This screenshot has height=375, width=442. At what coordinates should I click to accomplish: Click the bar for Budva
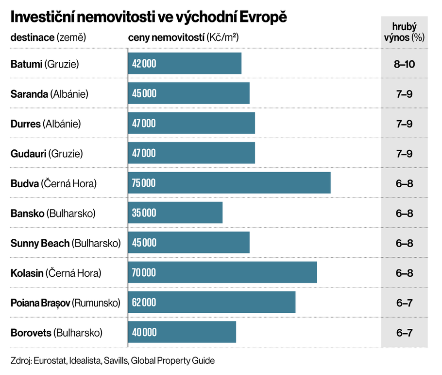(229, 182)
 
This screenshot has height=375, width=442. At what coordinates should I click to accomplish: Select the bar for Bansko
(175, 213)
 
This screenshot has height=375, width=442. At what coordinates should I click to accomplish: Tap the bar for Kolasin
(222, 272)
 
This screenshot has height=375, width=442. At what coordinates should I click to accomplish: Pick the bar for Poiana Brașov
(212, 303)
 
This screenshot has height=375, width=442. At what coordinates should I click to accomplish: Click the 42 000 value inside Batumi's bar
(144, 63)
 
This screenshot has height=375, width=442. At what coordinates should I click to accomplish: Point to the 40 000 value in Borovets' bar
(144, 332)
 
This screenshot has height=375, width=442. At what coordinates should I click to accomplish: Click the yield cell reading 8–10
(405, 64)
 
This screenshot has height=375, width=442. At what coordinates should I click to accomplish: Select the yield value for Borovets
(405, 333)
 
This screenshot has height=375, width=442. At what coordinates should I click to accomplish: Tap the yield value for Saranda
(405, 94)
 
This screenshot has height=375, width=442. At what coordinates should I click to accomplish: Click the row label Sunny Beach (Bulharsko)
(66, 243)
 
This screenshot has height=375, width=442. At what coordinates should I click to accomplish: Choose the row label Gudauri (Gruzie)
(47, 153)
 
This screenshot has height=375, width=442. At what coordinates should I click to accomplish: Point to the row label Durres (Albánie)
(46, 124)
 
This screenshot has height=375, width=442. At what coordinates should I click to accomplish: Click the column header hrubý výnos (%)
(405, 32)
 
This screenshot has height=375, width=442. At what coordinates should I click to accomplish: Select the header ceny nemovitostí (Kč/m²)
(183, 37)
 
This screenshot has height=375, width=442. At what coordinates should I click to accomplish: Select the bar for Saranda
(189, 93)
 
